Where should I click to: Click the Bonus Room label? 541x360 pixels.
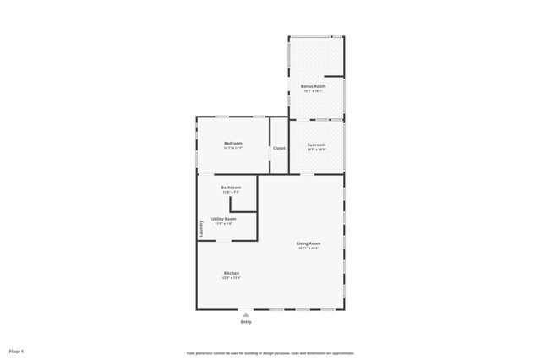pyautogui.click(x=313, y=86)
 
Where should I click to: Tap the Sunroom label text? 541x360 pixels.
pyautogui.click(x=316, y=145)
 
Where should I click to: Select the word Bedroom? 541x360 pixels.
pyautogui.click(x=233, y=143)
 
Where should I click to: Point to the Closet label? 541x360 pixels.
pyautogui.click(x=279, y=148)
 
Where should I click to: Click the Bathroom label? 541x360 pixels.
pyautogui.click(x=231, y=187)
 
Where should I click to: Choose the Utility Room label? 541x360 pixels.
pyautogui.click(x=223, y=218)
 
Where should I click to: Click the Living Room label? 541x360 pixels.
pyautogui.click(x=309, y=243)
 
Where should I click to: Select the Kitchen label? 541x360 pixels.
pyautogui.click(x=231, y=273)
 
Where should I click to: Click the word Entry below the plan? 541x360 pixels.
pyautogui.click(x=246, y=322)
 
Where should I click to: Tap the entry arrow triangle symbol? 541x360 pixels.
pyautogui.click(x=246, y=314)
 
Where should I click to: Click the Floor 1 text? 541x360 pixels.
pyautogui.click(x=17, y=351)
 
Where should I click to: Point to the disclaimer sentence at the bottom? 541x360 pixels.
pyautogui.click(x=270, y=353)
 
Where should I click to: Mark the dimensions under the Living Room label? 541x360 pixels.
pyautogui.click(x=309, y=248)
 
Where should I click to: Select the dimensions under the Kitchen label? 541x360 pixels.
pyautogui.click(x=231, y=278)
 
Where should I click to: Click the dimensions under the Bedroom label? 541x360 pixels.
pyautogui.click(x=233, y=148)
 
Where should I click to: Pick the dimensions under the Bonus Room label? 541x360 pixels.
pyautogui.click(x=313, y=91)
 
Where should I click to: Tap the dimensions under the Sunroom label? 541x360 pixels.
pyautogui.click(x=316, y=150)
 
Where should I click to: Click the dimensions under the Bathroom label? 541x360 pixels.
pyautogui.click(x=231, y=192)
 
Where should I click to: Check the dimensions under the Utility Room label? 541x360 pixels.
pyautogui.click(x=223, y=223)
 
